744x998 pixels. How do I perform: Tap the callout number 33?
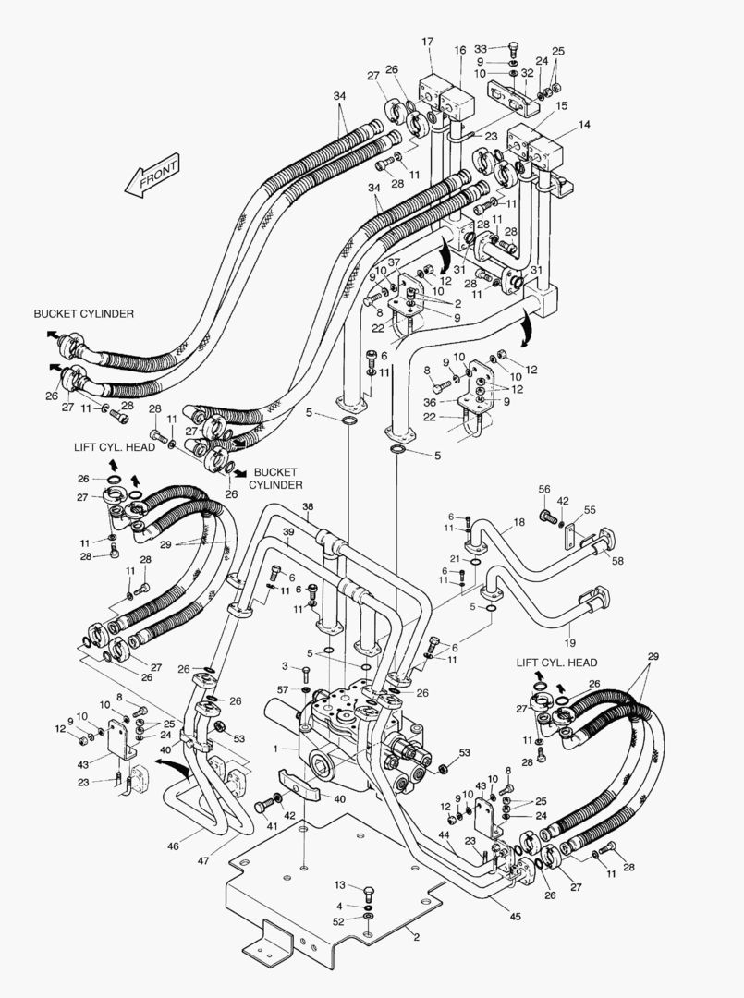coord(481,48)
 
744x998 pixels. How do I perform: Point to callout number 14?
coord(584,124)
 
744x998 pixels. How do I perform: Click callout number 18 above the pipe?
coord(519,522)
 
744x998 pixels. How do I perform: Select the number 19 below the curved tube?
coord(570,641)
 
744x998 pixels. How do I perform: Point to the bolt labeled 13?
coord(368,893)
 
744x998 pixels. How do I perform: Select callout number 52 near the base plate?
coord(339,920)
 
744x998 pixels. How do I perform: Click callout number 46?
coord(201,845)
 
